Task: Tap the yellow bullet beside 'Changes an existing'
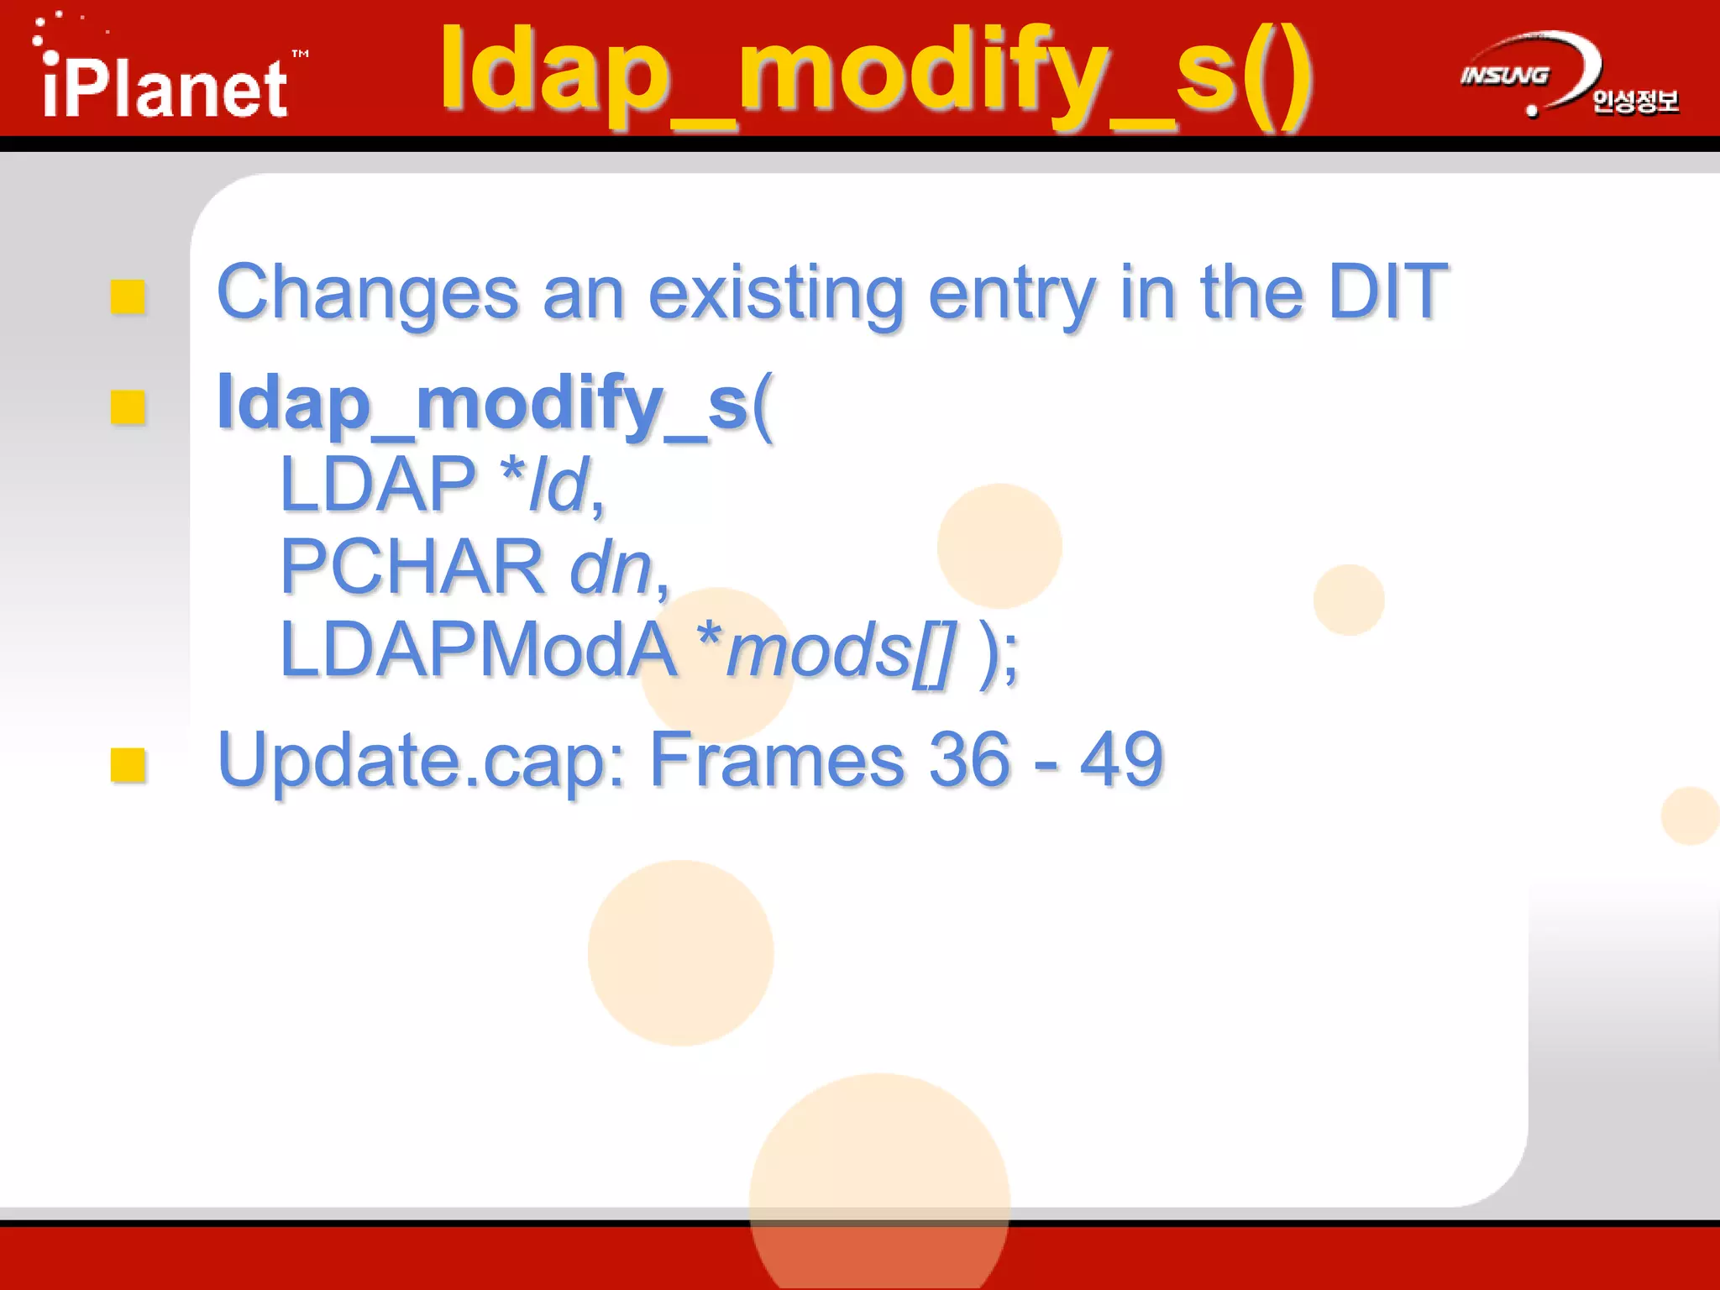click(x=128, y=296)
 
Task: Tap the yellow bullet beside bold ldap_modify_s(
click(x=128, y=407)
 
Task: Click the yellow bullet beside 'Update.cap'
click(x=128, y=764)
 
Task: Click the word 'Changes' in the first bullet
click(x=368, y=293)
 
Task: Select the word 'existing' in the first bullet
click(x=776, y=293)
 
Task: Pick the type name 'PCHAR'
click(x=412, y=567)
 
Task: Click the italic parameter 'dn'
click(x=611, y=567)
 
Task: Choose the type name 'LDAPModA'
click(x=477, y=649)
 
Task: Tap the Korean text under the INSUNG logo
click(x=1634, y=102)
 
